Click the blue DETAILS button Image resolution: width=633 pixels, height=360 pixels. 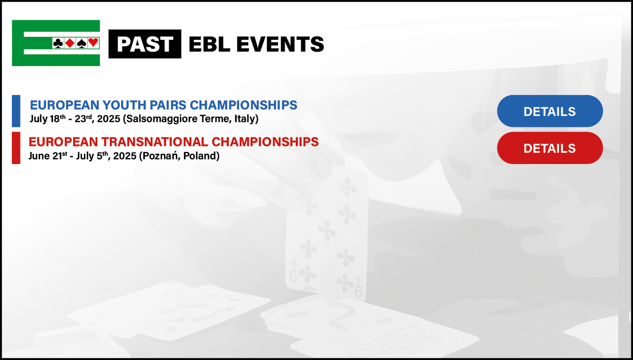550,111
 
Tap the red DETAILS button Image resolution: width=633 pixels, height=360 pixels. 550,148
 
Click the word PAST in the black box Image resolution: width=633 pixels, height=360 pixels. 145,44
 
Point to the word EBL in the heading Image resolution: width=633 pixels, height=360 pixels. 209,44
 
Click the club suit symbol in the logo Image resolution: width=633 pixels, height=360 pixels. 58,43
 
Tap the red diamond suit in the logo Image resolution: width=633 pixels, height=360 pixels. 70,43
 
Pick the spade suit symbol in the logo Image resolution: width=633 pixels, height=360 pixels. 82,43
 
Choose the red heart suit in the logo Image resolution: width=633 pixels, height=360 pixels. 93,43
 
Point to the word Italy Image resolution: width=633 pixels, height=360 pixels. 245,119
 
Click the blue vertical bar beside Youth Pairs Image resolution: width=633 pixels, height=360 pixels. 16,111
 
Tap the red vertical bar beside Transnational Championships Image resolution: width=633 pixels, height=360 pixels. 16,148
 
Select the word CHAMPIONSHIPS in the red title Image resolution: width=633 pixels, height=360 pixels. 265,142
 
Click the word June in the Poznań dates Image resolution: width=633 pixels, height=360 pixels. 39,156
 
